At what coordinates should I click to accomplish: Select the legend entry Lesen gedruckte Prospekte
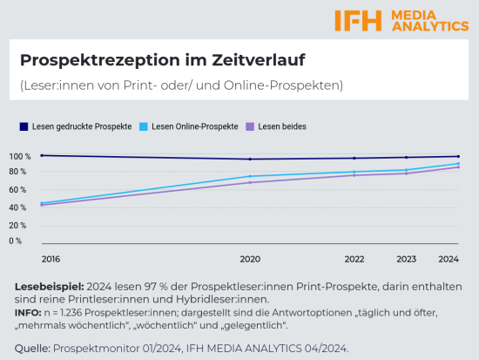coord(82,126)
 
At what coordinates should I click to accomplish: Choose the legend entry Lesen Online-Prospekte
coord(194,126)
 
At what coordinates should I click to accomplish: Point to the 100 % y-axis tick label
coord(20,157)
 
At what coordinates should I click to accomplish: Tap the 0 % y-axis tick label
coord(16,241)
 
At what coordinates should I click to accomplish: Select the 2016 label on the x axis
coord(51,260)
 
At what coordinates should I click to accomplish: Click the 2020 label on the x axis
coord(250,260)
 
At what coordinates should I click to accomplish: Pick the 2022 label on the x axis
coord(354,260)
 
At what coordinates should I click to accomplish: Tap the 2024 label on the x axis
coord(449,260)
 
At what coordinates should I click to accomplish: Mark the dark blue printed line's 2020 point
coord(250,159)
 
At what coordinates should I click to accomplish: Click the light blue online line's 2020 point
coord(250,176)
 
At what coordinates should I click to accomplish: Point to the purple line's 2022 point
coord(354,175)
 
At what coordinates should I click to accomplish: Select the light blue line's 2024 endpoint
coord(458,164)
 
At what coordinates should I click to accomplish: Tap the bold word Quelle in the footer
coord(32,349)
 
